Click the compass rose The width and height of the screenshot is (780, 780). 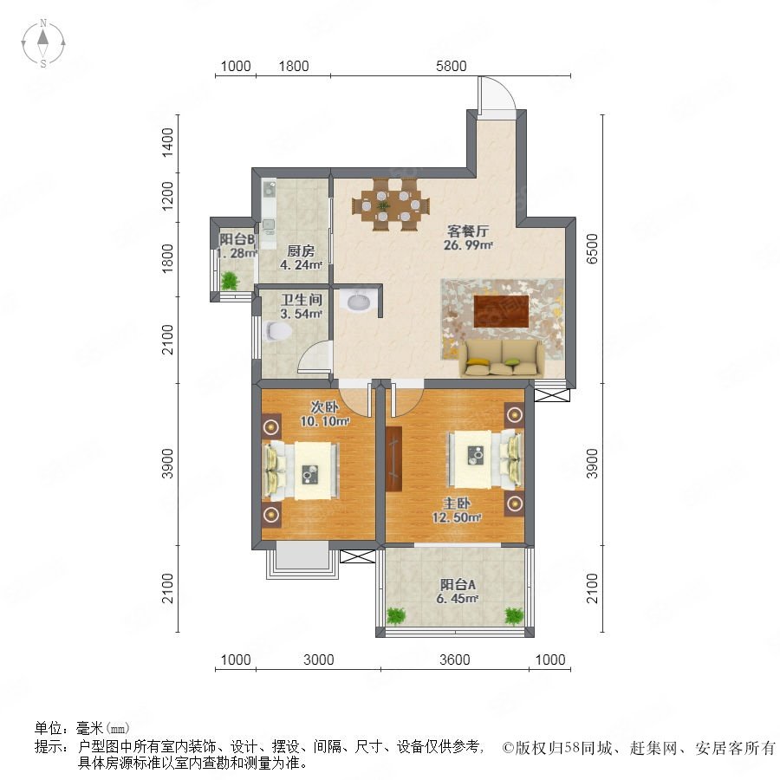[43, 43]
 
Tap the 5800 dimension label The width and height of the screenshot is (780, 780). [452, 66]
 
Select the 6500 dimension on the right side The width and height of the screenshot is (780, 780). [592, 249]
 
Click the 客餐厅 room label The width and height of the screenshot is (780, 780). [468, 231]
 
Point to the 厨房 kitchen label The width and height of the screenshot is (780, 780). [301, 251]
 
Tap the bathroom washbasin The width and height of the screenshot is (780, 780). [357, 301]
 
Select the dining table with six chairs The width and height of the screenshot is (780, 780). [391, 205]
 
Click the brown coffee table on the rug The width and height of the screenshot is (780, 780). [501, 311]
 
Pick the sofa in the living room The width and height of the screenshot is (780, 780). [502, 359]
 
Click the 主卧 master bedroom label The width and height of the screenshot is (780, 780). [457, 504]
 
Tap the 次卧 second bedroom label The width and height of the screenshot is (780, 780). [324, 407]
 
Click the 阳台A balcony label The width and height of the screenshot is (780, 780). [458, 584]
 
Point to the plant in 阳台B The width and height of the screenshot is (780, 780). [230, 281]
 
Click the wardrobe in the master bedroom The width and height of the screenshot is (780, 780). [393, 458]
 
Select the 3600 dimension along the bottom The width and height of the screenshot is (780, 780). [455, 660]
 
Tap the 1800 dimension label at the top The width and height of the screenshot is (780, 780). [294, 66]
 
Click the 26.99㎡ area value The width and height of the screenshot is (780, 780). [468, 244]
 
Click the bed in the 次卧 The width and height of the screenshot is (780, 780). [302, 471]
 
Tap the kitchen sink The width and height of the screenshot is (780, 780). [270, 189]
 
